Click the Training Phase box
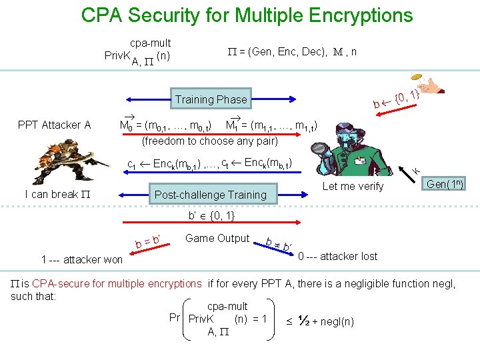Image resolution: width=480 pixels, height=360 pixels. click(211, 99)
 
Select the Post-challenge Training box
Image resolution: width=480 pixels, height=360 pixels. click(210, 195)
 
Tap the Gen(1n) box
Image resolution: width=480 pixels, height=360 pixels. click(445, 184)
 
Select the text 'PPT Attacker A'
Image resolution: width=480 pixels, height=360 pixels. click(55, 125)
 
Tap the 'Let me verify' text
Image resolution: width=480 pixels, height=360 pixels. click(353, 187)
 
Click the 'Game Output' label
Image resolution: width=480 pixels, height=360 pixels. click(217, 238)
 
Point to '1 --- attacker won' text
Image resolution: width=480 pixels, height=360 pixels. click(82, 259)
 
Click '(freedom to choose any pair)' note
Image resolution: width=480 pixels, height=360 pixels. click(210, 141)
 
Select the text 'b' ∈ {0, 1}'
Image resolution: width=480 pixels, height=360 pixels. click(211, 216)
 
